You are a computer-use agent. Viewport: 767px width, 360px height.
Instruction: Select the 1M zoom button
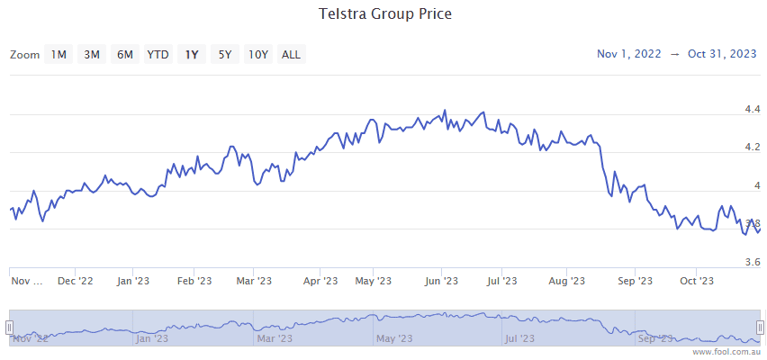tap(59, 55)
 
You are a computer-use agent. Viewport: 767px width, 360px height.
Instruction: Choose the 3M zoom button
tap(92, 55)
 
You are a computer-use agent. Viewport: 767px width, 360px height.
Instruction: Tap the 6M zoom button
tap(124, 55)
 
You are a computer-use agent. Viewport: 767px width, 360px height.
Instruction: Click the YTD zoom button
tap(158, 55)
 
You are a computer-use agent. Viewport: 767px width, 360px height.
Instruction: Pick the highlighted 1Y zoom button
tap(192, 55)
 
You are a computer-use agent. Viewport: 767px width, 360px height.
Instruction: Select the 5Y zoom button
tap(225, 55)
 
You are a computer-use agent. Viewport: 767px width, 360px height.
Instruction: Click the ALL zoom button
tap(291, 55)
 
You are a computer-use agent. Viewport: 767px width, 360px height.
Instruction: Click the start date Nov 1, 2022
tap(628, 54)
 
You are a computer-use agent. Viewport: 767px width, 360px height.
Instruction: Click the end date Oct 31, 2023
tap(722, 54)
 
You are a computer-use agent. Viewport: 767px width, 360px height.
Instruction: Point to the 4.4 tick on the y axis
tap(752, 110)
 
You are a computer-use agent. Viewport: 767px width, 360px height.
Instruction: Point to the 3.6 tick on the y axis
tap(752, 263)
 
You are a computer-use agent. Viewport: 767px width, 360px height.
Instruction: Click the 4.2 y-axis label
tap(752, 148)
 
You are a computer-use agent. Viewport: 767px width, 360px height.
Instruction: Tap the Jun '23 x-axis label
tap(442, 282)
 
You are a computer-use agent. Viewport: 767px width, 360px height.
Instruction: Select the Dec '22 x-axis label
tap(75, 282)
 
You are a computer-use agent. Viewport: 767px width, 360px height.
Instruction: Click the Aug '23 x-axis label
tap(567, 282)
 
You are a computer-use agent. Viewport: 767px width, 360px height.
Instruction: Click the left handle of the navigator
tap(9, 327)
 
